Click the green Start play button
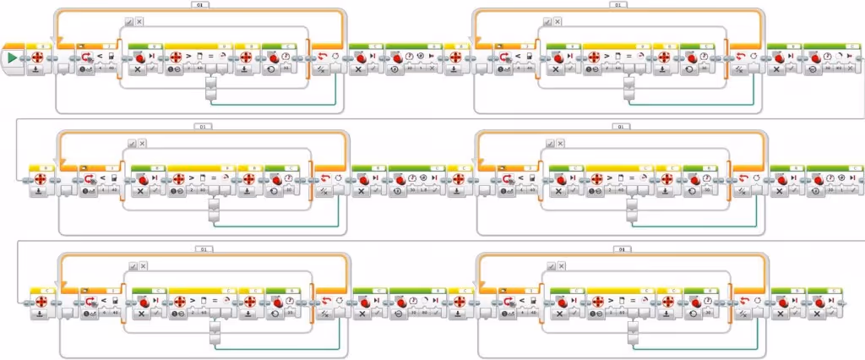click(x=13, y=58)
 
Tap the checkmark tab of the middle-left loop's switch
click(x=131, y=143)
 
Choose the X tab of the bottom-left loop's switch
click(x=143, y=265)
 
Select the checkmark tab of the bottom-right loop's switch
click(x=548, y=265)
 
